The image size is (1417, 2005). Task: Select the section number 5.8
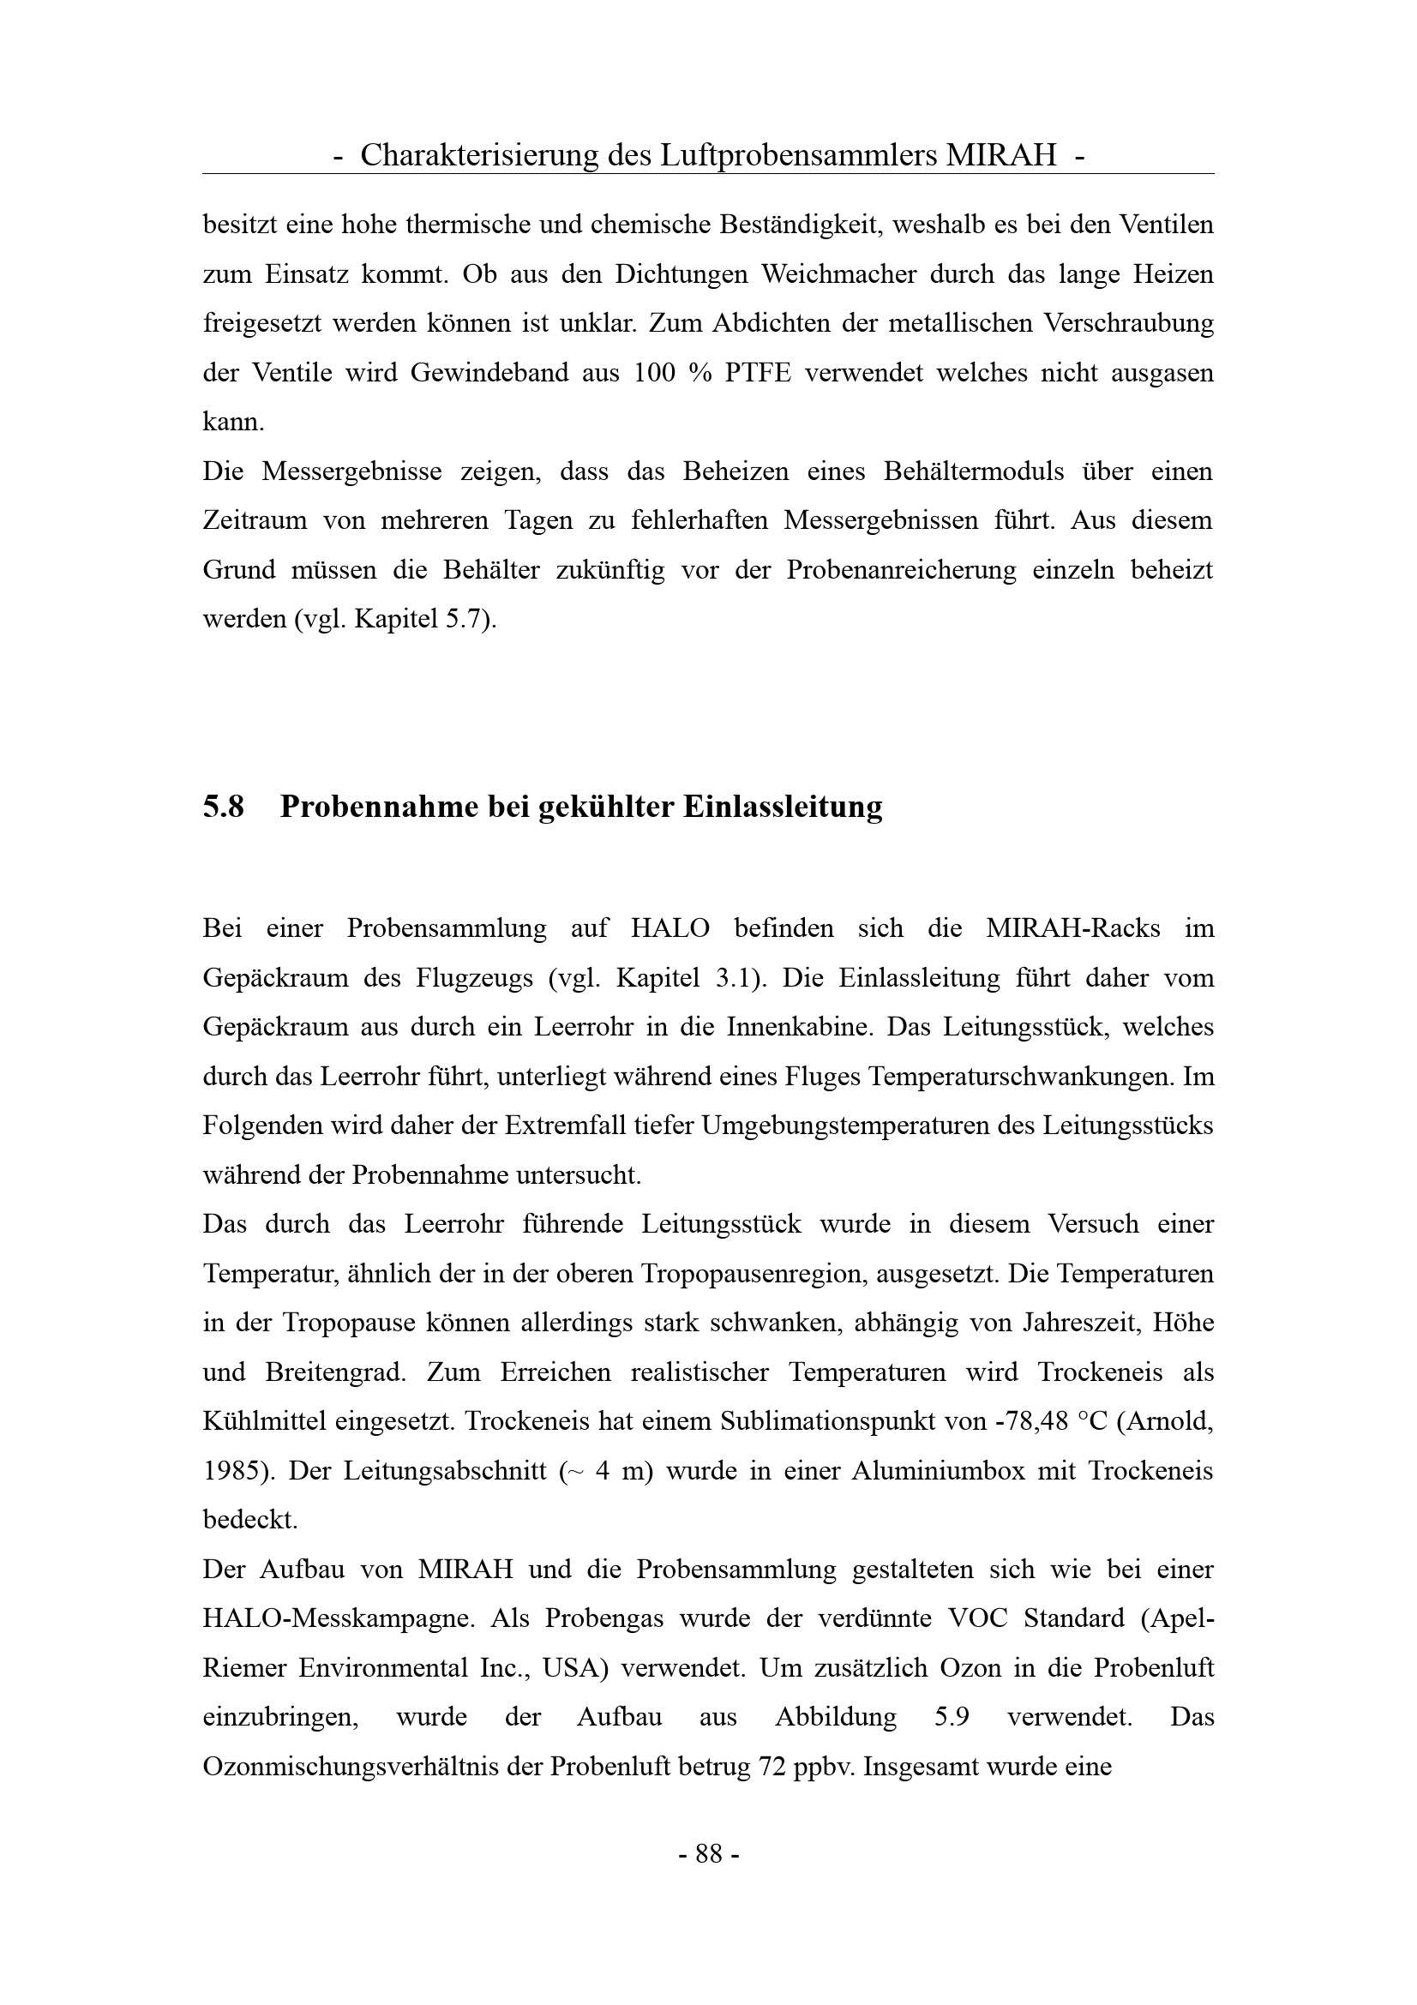(223, 807)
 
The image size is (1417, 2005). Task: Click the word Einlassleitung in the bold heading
(783, 807)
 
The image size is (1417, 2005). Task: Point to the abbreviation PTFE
(758, 373)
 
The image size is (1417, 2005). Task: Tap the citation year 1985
(231, 1472)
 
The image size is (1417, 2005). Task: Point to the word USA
(570, 1668)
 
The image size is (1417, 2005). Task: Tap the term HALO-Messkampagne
(338, 1619)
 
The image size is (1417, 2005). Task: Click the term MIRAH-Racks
(1073, 928)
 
